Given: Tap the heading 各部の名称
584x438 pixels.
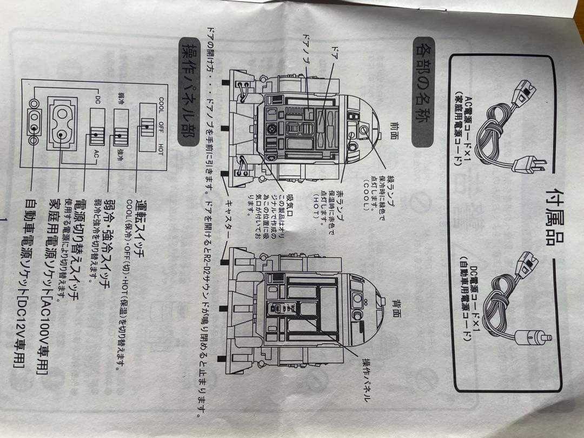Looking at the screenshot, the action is [x=423, y=92].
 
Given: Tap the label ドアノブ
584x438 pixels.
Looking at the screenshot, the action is [x=307, y=52].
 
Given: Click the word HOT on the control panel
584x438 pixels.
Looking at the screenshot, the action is [x=161, y=150].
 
